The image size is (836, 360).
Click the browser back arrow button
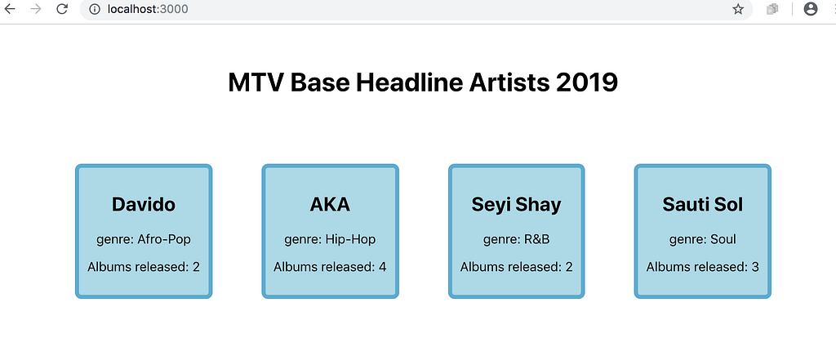(x=10, y=8)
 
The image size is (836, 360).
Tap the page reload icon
(x=62, y=8)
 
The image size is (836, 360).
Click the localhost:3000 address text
(x=148, y=9)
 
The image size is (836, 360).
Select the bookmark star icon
(x=738, y=9)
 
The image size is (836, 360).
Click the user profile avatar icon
(x=811, y=9)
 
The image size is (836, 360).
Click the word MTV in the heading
(x=255, y=83)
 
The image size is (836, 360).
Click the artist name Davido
(x=144, y=204)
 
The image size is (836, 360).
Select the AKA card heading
(x=330, y=204)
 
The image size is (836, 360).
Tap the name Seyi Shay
(x=516, y=205)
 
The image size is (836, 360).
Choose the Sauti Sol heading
(x=703, y=204)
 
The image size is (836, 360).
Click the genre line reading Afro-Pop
(x=144, y=239)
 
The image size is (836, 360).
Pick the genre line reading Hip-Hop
(x=330, y=239)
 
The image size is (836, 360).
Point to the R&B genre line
(x=516, y=239)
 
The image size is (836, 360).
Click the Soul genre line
(x=703, y=239)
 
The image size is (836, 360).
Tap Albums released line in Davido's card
(x=144, y=267)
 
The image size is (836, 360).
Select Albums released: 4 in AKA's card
(x=330, y=267)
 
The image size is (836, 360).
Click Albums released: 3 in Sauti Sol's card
(x=703, y=267)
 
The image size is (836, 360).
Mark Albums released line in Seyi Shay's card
(x=516, y=267)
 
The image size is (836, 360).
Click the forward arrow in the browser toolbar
(x=36, y=8)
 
